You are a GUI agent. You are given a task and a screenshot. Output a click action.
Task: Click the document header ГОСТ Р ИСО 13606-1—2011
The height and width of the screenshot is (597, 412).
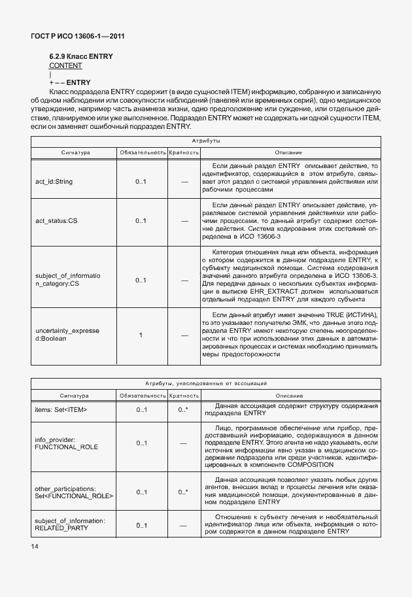(77, 36)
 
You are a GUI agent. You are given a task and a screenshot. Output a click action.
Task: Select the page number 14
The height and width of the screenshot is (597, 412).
(34, 545)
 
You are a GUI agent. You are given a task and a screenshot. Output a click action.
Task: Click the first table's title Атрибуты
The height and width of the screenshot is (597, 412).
(205, 141)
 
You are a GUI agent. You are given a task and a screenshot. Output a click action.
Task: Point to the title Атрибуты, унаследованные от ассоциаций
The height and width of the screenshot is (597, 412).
(205, 383)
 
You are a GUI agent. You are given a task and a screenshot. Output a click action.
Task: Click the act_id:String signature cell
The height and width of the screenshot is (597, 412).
(54, 181)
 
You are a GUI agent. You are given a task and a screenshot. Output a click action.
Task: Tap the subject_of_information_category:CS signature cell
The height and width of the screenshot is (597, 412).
(67, 280)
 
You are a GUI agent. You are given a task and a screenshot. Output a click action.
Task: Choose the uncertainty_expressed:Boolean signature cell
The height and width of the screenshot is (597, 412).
(67, 335)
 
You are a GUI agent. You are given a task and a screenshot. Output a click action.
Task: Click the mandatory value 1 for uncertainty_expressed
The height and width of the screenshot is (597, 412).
(141, 335)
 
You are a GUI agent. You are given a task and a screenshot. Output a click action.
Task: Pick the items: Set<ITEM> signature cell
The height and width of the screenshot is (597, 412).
(61, 409)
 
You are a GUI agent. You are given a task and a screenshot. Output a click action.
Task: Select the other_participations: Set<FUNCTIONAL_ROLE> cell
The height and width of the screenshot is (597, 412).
(73, 492)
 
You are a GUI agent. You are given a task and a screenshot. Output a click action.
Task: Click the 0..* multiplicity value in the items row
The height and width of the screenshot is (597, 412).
(183, 409)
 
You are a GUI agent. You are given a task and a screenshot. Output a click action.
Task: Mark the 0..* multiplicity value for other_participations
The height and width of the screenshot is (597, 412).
(183, 492)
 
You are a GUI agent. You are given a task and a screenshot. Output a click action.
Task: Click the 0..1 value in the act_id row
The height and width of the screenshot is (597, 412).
(141, 181)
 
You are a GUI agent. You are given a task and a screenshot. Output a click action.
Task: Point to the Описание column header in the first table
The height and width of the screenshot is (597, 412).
(288, 152)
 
